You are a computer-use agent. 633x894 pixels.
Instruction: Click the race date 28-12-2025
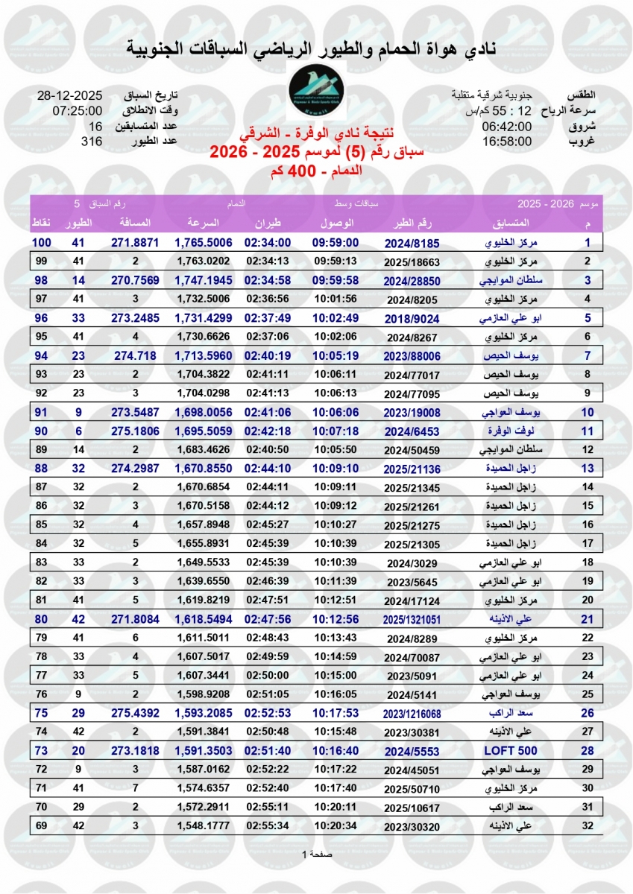(x=69, y=96)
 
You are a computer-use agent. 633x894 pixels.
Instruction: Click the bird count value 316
(x=91, y=141)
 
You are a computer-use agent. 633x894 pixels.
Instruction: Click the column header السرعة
(x=202, y=223)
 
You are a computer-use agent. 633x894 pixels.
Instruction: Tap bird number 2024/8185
(x=412, y=243)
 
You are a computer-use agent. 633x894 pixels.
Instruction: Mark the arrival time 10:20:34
(x=336, y=825)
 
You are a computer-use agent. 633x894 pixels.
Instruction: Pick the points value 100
(x=41, y=243)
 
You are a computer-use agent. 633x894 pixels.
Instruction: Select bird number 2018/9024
(x=412, y=317)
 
